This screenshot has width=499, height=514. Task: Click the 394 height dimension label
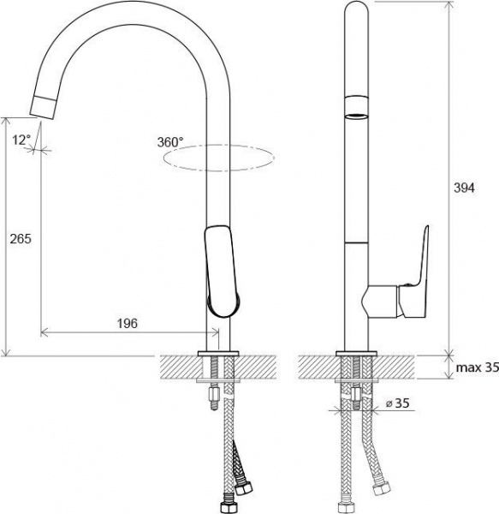pos(464,188)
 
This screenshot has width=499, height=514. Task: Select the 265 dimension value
pos(21,239)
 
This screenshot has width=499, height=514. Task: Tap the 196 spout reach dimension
pos(128,324)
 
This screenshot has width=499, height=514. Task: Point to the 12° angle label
pos(21,140)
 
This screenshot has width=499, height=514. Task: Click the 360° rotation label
pos(170,142)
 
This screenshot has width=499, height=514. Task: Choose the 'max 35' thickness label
pos(478,368)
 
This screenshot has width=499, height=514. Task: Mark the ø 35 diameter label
pos(397,403)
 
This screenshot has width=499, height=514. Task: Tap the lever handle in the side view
pos(413,272)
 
